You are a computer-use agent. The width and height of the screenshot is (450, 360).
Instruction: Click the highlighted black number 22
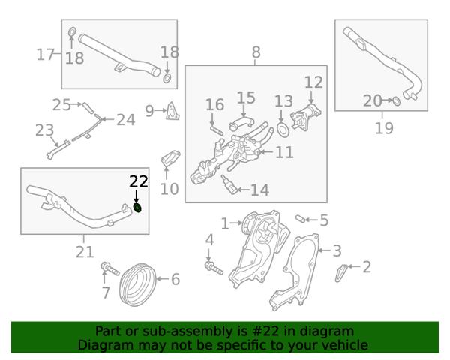coord(139,181)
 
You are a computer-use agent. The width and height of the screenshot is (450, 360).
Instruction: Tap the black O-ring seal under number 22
coord(138,208)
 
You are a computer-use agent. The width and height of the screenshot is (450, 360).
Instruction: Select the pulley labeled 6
coord(138,284)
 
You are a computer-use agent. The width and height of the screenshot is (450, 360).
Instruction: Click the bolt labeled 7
coord(110,268)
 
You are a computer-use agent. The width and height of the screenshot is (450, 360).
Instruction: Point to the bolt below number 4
coord(214,268)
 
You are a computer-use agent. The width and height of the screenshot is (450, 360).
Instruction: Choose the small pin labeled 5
coord(300,218)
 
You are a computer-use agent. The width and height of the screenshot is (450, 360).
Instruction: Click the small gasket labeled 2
coord(340,272)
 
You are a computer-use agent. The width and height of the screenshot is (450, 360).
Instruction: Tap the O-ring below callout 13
coord(283,130)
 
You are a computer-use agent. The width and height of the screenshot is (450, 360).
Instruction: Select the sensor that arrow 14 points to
coord(229,185)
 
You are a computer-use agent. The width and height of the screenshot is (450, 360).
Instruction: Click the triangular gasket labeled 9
coord(172,111)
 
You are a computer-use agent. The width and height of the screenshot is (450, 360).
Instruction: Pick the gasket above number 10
coord(170,158)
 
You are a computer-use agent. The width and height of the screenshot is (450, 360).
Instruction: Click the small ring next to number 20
coord(396,100)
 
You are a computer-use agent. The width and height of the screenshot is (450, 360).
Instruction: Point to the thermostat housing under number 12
coord(305,117)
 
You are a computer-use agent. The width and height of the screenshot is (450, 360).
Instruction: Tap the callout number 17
coord(45,54)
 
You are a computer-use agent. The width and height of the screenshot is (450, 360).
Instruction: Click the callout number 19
coord(384,128)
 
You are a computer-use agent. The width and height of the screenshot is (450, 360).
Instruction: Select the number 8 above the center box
coord(256,52)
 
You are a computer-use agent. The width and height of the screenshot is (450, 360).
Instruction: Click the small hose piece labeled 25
coord(88,108)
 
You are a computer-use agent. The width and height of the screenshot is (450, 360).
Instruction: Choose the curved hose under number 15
coord(241,123)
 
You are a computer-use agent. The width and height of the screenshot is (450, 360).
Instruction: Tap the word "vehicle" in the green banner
coord(343,345)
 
